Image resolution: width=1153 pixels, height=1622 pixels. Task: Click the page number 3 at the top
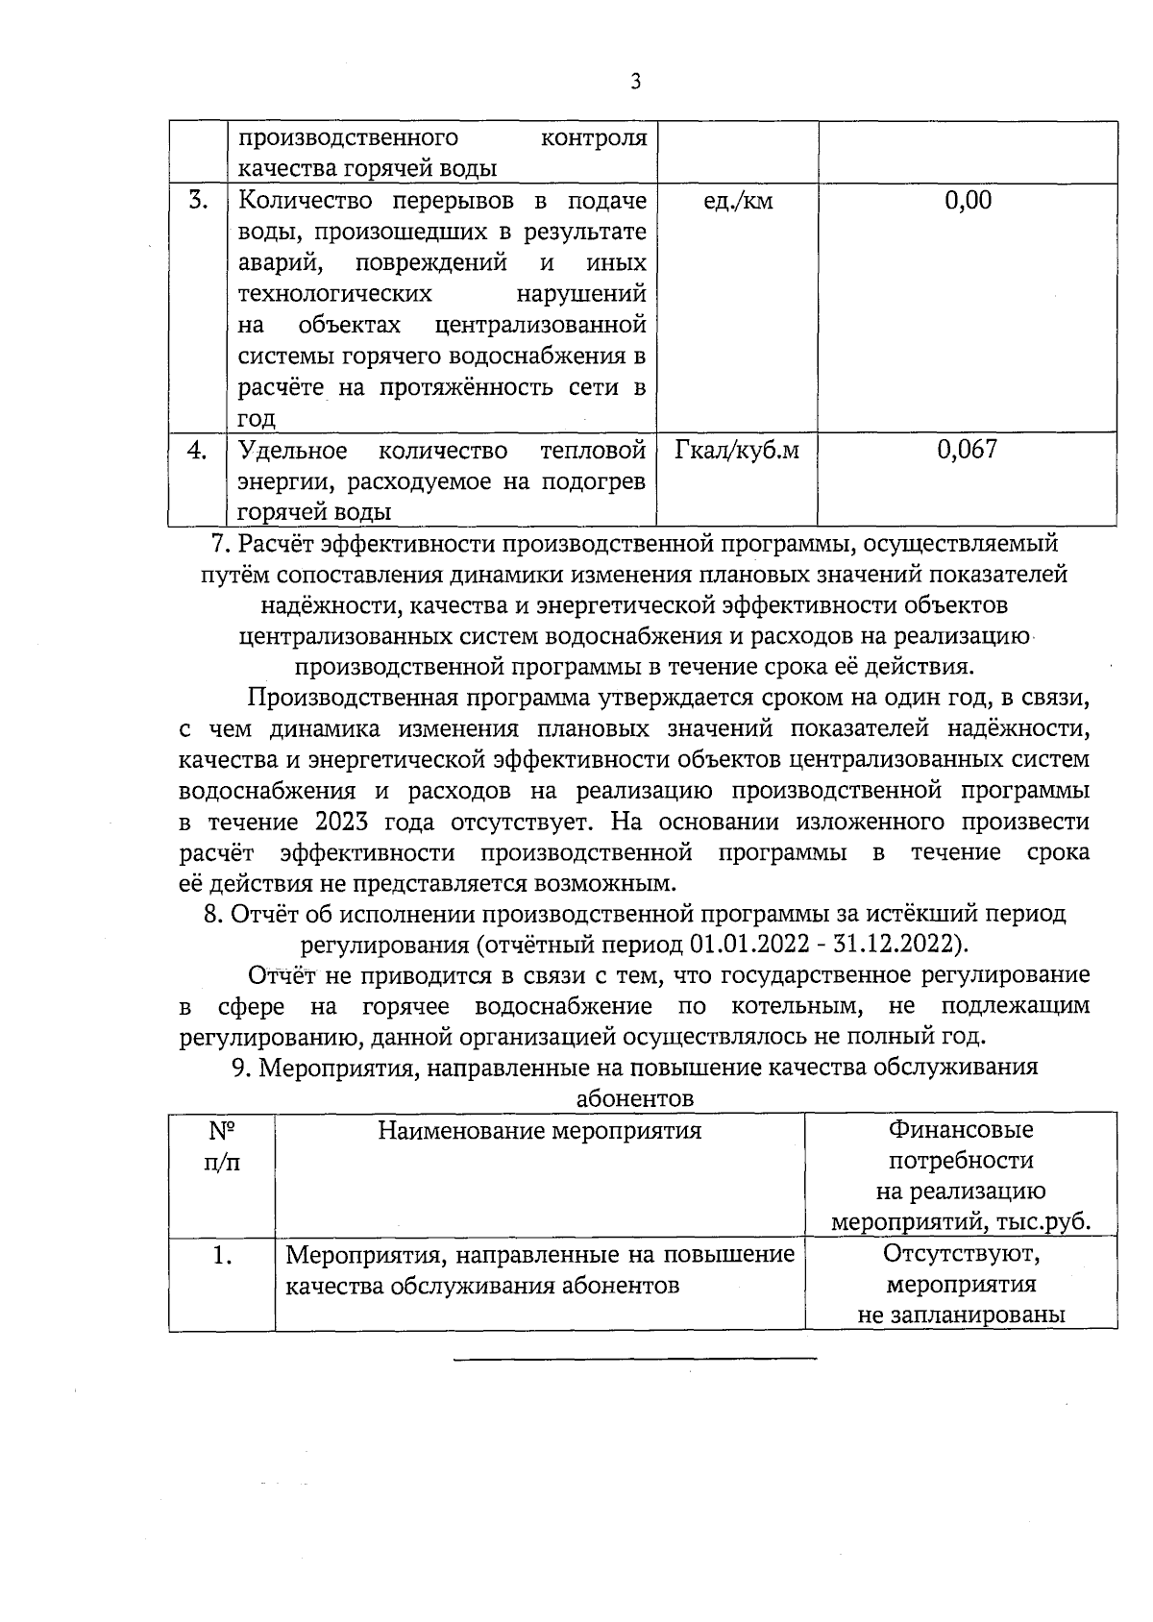(635, 82)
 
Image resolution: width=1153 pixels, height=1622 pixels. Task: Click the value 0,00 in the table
(968, 201)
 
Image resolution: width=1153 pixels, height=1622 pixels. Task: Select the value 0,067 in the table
(968, 450)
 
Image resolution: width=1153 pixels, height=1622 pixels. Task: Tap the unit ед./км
(738, 202)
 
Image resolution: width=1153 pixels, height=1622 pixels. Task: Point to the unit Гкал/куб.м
(737, 450)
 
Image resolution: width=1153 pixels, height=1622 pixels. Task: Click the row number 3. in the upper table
(197, 201)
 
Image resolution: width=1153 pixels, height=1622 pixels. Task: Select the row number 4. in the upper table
(197, 450)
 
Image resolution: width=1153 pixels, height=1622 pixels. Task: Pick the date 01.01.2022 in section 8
(737, 944)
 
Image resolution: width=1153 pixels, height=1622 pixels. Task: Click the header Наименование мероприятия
(539, 1131)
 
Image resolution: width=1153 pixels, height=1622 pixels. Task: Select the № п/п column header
(222, 1145)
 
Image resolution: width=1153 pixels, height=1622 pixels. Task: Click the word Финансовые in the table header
(961, 1130)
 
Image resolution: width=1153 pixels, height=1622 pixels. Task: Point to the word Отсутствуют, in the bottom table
(961, 1255)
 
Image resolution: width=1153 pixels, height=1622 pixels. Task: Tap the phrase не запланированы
(961, 1315)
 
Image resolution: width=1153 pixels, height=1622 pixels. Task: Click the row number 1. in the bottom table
(222, 1256)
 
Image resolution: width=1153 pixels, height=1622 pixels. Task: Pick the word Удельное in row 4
(292, 450)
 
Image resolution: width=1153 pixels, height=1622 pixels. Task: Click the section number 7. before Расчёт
(221, 544)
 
